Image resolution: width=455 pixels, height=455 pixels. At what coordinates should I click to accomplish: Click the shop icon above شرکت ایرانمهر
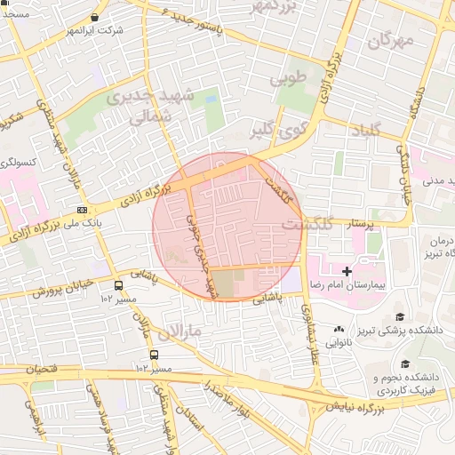pos(95,17)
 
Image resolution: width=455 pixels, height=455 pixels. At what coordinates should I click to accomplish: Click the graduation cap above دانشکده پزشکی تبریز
pos(399,316)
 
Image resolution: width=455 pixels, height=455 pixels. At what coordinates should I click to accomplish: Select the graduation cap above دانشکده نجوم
pos(406,363)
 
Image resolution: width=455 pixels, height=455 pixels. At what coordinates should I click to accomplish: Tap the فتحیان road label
pos(35,368)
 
